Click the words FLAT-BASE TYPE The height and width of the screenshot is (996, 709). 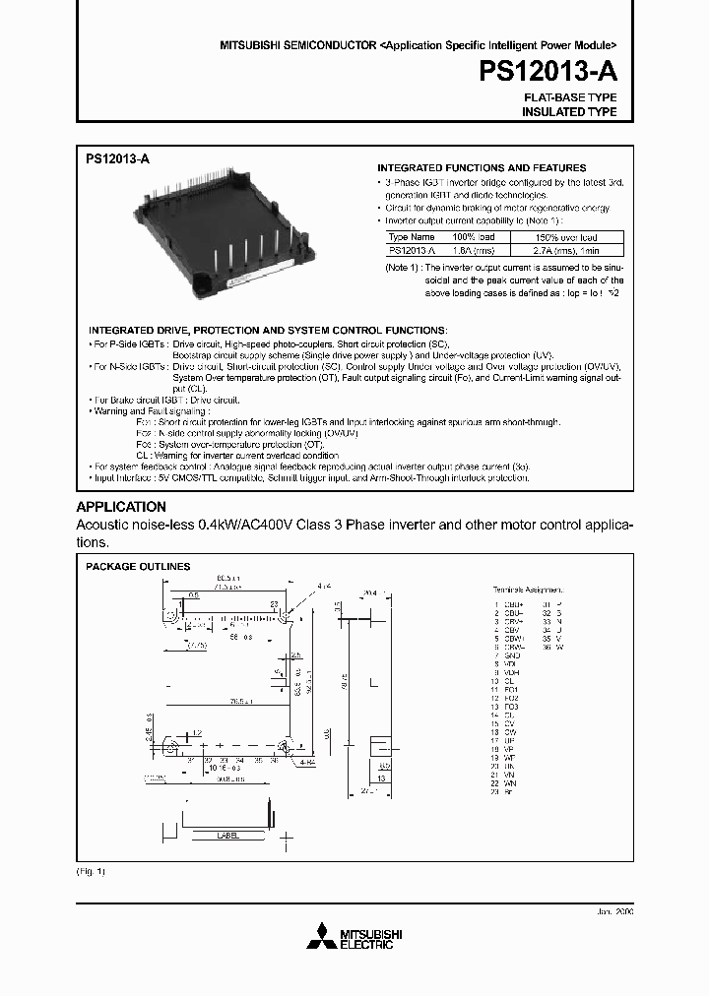tap(569, 98)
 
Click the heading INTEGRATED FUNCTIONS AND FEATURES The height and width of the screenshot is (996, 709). tap(483, 168)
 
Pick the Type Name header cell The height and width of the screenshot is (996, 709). tap(411, 237)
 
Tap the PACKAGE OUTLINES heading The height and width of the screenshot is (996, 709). tap(138, 567)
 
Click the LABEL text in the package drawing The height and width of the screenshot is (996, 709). tap(227, 835)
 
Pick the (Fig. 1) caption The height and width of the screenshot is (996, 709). tap(91, 872)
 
